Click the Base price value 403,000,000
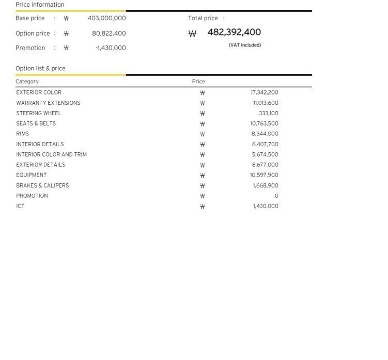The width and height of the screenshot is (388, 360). [106, 18]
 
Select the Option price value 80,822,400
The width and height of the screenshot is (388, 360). [108, 33]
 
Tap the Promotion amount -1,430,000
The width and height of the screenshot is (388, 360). [110, 48]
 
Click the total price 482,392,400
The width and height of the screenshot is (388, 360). [234, 32]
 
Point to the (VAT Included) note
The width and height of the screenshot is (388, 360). [244, 45]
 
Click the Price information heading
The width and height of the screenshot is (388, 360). [40, 5]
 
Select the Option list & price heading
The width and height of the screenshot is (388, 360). [40, 68]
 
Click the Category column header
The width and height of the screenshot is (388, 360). [27, 82]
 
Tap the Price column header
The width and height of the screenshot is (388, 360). [198, 82]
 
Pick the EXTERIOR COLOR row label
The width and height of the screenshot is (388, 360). [39, 92]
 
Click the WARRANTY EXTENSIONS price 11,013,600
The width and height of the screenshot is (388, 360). [266, 103]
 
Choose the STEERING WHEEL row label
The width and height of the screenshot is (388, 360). [39, 113]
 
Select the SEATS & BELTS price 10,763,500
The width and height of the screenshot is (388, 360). [264, 123]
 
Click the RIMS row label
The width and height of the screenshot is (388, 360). [23, 134]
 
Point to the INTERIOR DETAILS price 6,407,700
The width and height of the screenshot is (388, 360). [265, 144]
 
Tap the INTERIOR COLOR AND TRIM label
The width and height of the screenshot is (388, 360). [51, 154]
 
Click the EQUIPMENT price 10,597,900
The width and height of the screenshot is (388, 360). [264, 175]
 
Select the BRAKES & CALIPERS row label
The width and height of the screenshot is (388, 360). [42, 185]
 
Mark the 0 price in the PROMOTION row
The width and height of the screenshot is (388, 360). [276, 196]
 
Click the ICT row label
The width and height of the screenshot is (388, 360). [20, 206]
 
